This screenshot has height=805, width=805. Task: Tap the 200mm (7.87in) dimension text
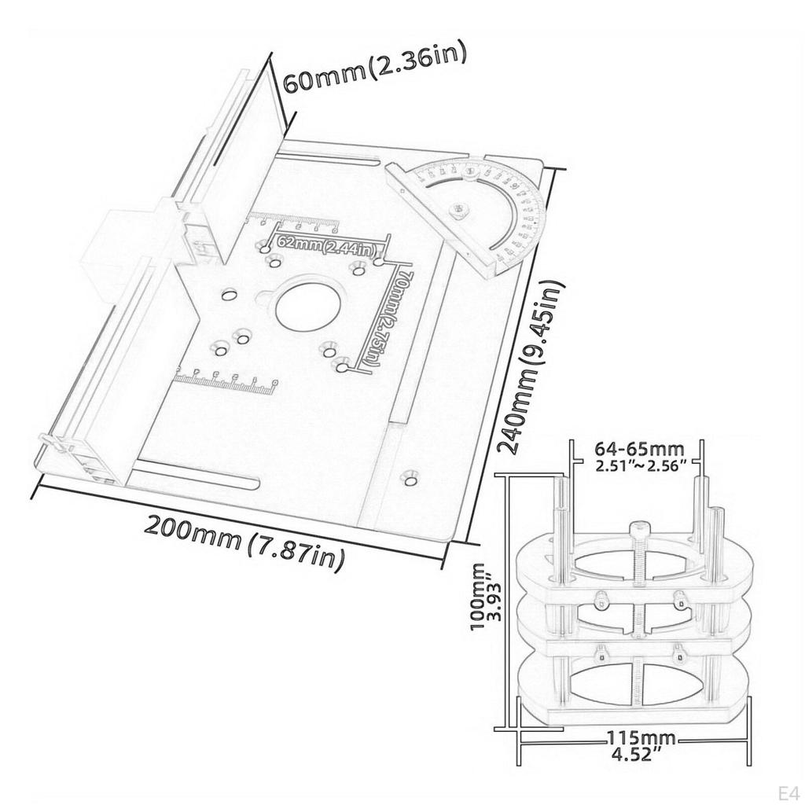244,542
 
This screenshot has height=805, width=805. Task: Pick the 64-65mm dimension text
639,449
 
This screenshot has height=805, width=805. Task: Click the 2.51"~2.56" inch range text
641,465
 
